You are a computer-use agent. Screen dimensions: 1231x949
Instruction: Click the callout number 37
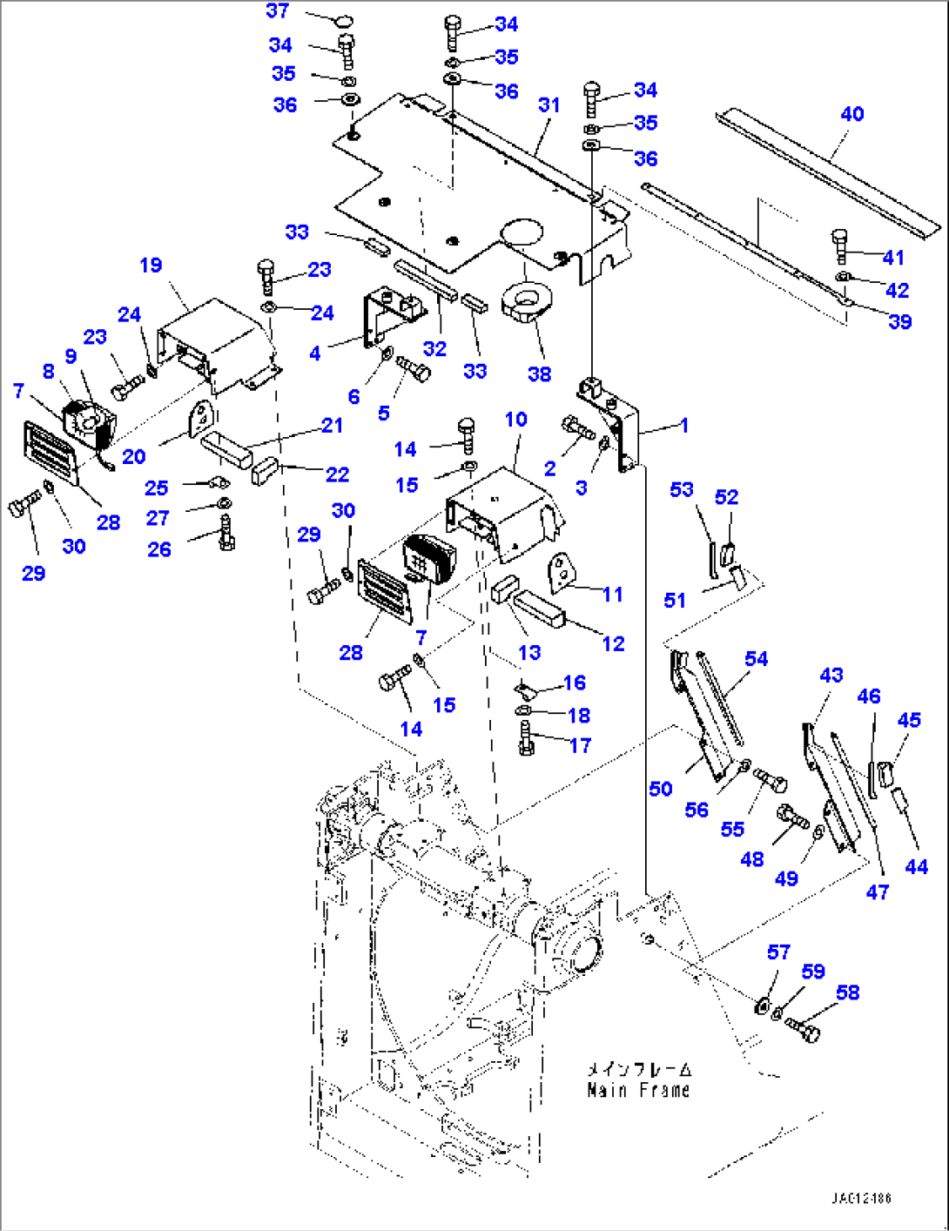[277, 10]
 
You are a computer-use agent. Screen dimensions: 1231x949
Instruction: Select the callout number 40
[851, 114]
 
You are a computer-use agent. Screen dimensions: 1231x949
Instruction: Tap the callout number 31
[549, 105]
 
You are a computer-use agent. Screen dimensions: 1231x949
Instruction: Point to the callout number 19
[151, 266]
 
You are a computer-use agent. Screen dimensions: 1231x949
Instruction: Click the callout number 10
[516, 420]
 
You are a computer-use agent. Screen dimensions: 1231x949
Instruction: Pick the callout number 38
[539, 374]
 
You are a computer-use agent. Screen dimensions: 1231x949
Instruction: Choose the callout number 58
[847, 992]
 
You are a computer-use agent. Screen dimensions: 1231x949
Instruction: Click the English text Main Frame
[638, 1090]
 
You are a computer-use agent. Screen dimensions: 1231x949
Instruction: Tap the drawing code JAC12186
[861, 1199]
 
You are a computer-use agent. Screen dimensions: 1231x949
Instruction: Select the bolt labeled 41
[839, 246]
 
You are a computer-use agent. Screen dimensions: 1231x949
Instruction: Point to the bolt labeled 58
[803, 1030]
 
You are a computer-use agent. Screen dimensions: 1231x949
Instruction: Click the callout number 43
[831, 675]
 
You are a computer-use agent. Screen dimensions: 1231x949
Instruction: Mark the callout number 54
[756, 659]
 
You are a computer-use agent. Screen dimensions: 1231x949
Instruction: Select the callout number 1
[684, 426]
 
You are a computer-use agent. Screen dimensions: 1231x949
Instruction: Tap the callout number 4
[315, 353]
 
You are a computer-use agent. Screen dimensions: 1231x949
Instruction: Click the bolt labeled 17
[526, 737]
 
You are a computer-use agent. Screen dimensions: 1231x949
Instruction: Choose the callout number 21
[332, 426]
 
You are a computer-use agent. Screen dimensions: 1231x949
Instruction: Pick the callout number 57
[778, 952]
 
